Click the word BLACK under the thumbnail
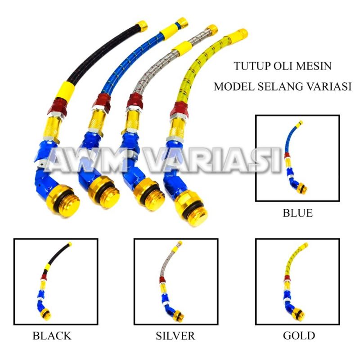point(52,336)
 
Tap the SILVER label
point(175,336)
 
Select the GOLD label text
point(299,336)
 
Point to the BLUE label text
point(297,213)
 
